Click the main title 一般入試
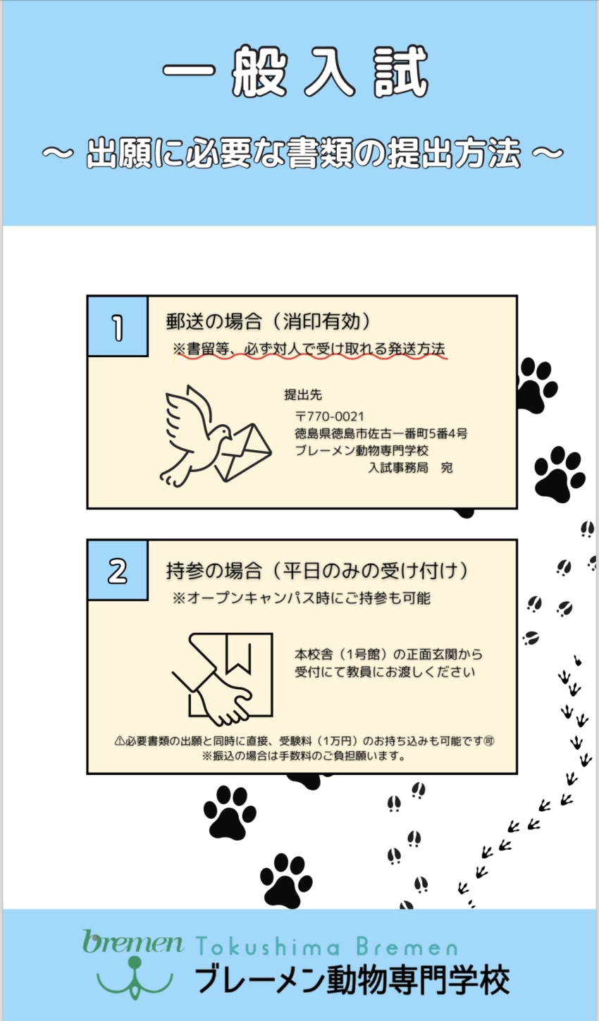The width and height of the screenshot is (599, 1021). (x=295, y=72)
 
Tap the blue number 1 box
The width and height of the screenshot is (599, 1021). (x=118, y=326)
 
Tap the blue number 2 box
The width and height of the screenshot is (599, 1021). (x=118, y=570)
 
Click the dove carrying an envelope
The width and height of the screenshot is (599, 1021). (x=215, y=435)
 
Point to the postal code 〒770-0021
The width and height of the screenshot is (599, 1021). (x=330, y=416)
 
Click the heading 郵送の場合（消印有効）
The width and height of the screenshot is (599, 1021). (x=269, y=322)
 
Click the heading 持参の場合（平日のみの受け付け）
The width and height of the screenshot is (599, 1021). (x=318, y=571)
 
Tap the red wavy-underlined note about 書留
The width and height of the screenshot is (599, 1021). (x=309, y=349)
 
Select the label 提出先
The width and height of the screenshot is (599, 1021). (x=303, y=395)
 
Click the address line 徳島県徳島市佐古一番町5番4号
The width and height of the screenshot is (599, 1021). (x=381, y=433)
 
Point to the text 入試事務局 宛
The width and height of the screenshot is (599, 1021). (x=410, y=468)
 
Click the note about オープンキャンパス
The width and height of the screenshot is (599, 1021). (x=302, y=598)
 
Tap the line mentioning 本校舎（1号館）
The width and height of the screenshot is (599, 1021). (x=388, y=655)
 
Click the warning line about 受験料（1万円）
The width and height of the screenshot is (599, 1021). (x=304, y=741)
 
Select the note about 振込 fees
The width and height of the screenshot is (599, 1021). (x=304, y=756)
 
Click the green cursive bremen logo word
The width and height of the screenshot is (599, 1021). (x=133, y=941)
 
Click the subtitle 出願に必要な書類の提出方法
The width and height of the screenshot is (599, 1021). (x=303, y=153)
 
